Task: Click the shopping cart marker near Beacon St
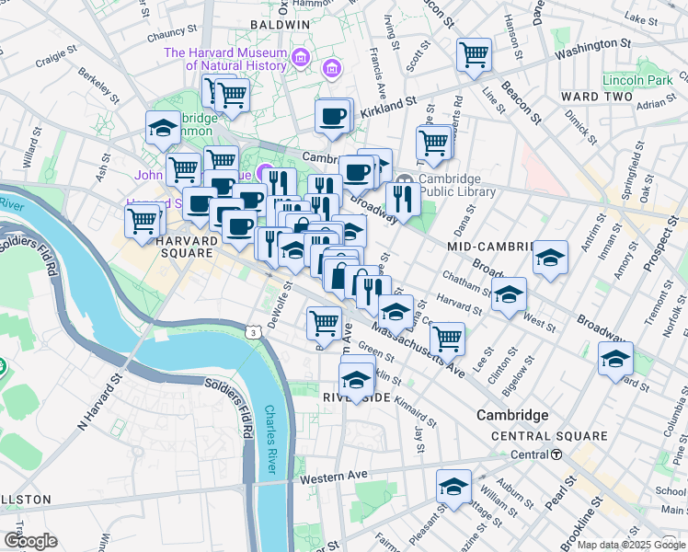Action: [474, 54]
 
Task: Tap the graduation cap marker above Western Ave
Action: [453, 487]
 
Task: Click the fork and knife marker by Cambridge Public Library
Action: [402, 198]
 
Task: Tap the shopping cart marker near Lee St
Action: [447, 338]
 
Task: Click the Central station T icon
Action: [556, 454]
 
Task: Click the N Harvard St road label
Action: [100, 402]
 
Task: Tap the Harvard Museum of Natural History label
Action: [226, 59]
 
